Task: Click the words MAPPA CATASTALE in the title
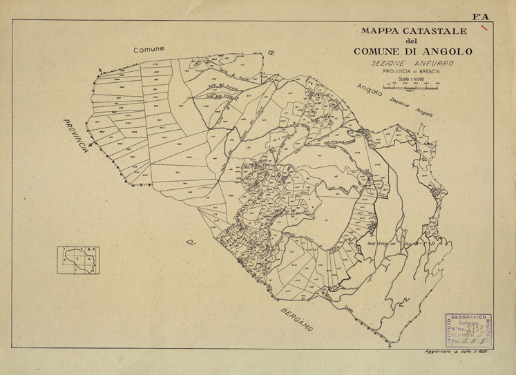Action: (412, 32)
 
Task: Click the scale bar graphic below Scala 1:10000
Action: (412, 88)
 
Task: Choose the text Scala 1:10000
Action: (412, 79)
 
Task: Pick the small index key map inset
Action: (77, 260)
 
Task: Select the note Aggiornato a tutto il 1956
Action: (458, 352)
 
